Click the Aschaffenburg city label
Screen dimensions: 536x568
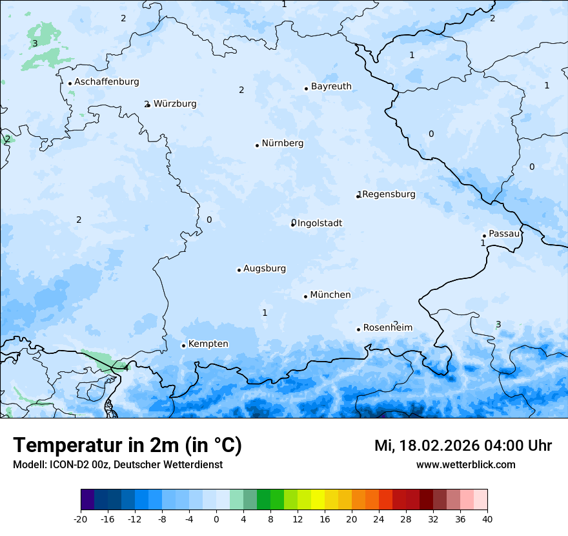click(x=107, y=82)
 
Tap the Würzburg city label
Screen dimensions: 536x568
click(x=175, y=104)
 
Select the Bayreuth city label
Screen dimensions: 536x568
click(x=331, y=87)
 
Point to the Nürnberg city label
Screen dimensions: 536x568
click(x=283, y=143)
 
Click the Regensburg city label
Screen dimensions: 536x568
click(x=389, y=194)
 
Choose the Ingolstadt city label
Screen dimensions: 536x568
click(x=319, y=223)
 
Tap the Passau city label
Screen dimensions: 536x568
click(x=504, y=234)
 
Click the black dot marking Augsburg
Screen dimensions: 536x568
click(x=239, y=270)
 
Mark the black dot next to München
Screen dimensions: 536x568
click(x=305, y=296)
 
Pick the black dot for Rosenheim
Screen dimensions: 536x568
click(x=358, y=329)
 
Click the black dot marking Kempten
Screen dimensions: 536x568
click(x=183, y=345)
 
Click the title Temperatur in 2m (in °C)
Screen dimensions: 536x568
click(x=127, y=446)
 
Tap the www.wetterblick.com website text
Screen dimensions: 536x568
click(x=465, y=464)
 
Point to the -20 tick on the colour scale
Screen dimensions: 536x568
click(x=81, y=519)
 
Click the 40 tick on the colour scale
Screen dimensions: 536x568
click(x=487, y=519)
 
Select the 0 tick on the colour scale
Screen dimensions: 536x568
click(x=216, y=519)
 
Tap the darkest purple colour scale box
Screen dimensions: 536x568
click(x=88, y=500)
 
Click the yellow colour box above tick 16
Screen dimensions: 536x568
click(x=318, y=500)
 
